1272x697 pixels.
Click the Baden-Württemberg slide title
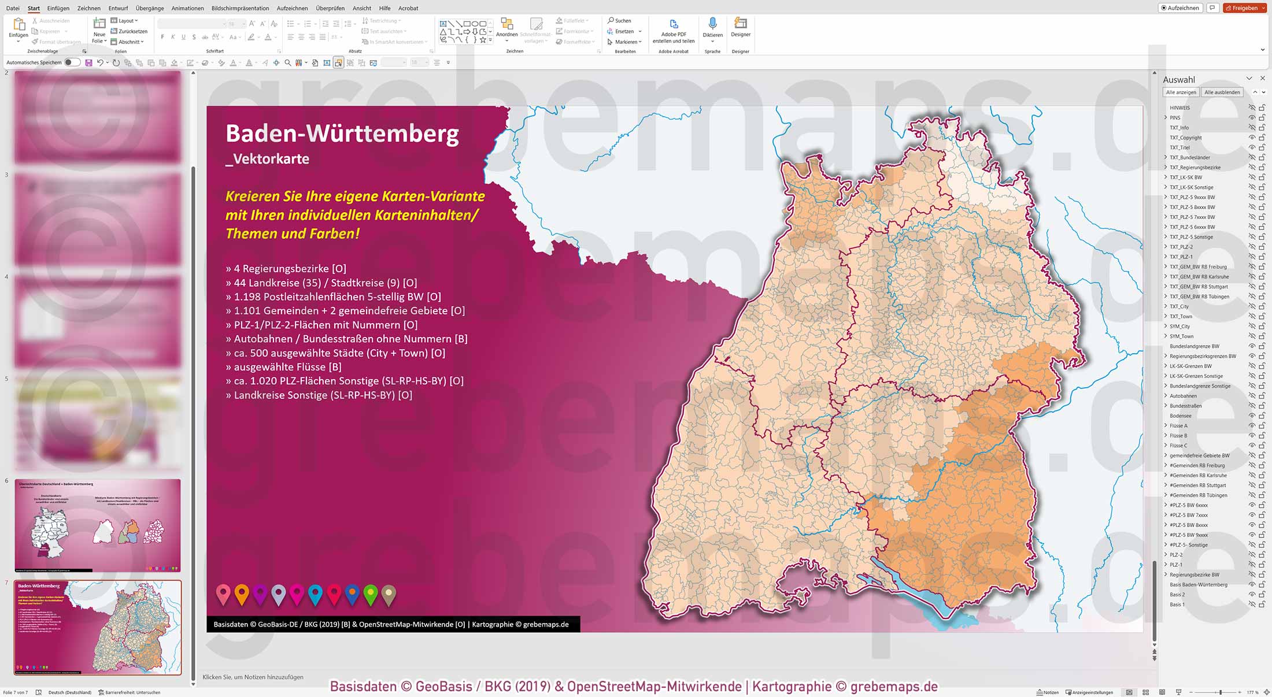[x=342, y=134]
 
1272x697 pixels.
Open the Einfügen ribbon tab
[x=58, y=8]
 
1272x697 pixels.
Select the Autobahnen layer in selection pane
[x=1183, y=396]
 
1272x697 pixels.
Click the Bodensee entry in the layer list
[x=1180, y=416]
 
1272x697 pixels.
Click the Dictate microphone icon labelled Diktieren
[x=712, y=24]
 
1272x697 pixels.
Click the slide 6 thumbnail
[x=97, y=525]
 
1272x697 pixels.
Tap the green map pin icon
[x=371, y=594]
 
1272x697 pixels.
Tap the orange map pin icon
[x=242, y=594]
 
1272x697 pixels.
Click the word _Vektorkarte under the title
[x=267, y=159]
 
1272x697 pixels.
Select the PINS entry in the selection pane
[x=1175, y=117]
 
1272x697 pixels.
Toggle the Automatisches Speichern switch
[x=72, y=62]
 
